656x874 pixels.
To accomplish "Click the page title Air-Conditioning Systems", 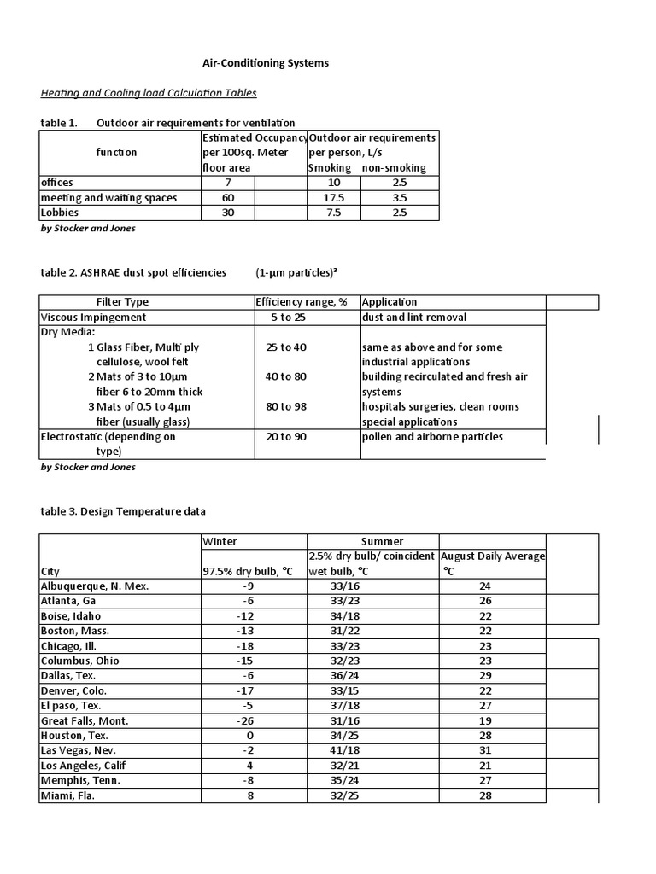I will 252,63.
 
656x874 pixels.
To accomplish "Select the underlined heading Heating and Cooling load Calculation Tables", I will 149,93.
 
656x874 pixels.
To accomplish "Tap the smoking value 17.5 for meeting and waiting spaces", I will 333,198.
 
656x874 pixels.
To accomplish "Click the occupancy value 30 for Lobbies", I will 228,213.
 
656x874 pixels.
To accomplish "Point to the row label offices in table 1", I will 57,183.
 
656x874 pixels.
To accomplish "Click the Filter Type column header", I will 122,302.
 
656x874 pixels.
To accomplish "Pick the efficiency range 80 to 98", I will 286,407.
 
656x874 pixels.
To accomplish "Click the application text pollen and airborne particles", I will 432,437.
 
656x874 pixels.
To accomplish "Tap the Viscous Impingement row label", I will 94,318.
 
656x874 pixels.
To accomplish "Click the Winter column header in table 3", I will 220,542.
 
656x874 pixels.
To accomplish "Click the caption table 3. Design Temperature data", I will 123,511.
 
